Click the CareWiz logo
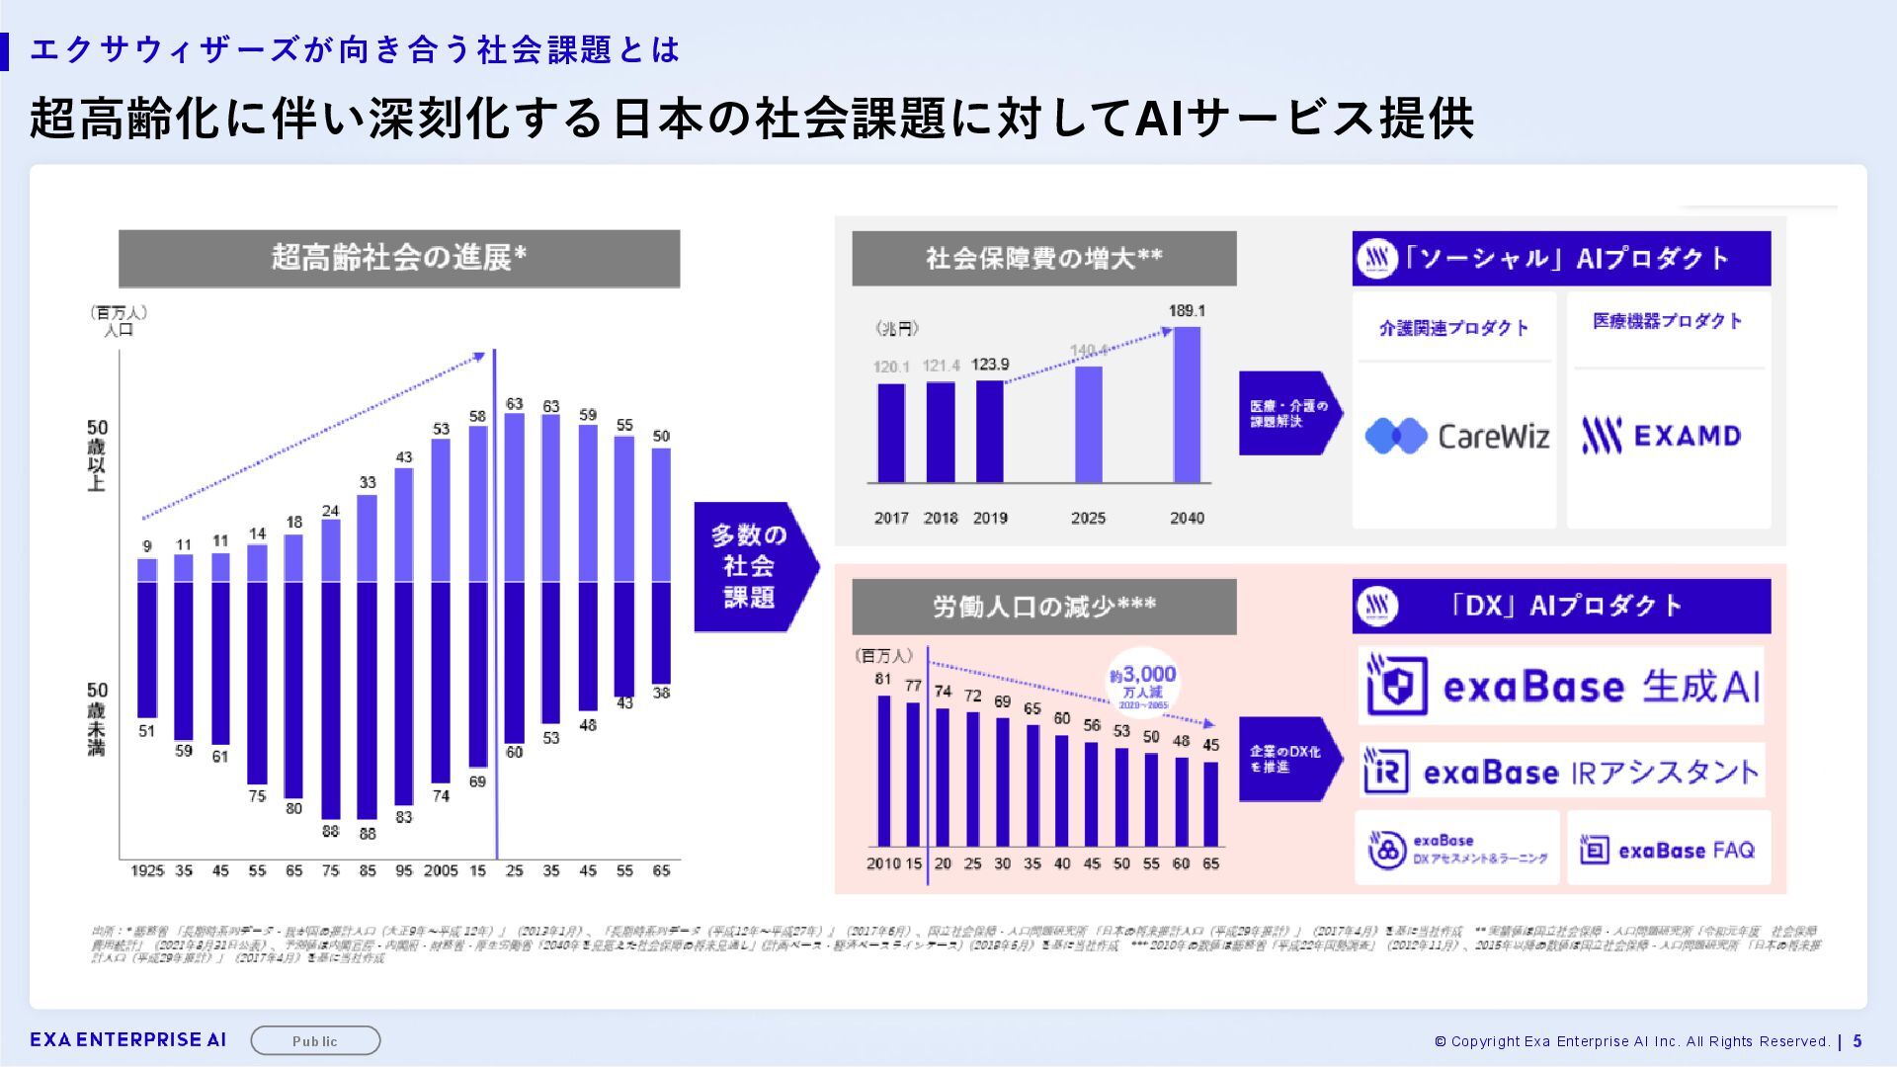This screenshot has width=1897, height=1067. (x=1456, y=436)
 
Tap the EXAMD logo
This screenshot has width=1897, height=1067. (x=1661, y=436)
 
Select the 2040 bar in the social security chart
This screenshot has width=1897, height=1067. (x=1187, y=405)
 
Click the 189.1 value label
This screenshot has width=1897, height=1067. (x=1187, y=311)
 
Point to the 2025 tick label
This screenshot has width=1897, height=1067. (x=1088, y=518)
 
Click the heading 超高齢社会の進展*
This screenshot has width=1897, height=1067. (x=399, y=258)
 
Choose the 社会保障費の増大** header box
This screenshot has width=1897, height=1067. (x=1043, y=258)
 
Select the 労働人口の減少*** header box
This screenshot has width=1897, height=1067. (x=1043, y=606)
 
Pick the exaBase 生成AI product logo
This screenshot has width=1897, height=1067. (x=1561, y=686)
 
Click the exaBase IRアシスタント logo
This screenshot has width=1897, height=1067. (x=1561, y=772)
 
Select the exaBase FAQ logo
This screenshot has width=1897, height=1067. (x=1667, y=850)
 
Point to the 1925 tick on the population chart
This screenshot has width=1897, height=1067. (x=147, y=870)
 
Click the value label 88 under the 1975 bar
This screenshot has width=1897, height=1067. (x=331, y=832)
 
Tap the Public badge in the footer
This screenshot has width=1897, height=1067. (x=315, y=1040)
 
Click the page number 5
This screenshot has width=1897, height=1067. (x=1857, y=1040)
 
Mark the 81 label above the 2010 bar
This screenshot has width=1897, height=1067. (x=882, y=679)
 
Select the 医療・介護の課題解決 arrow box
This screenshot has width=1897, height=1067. (x=1287, y=413)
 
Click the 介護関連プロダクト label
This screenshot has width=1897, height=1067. (x=1453, y=328)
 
